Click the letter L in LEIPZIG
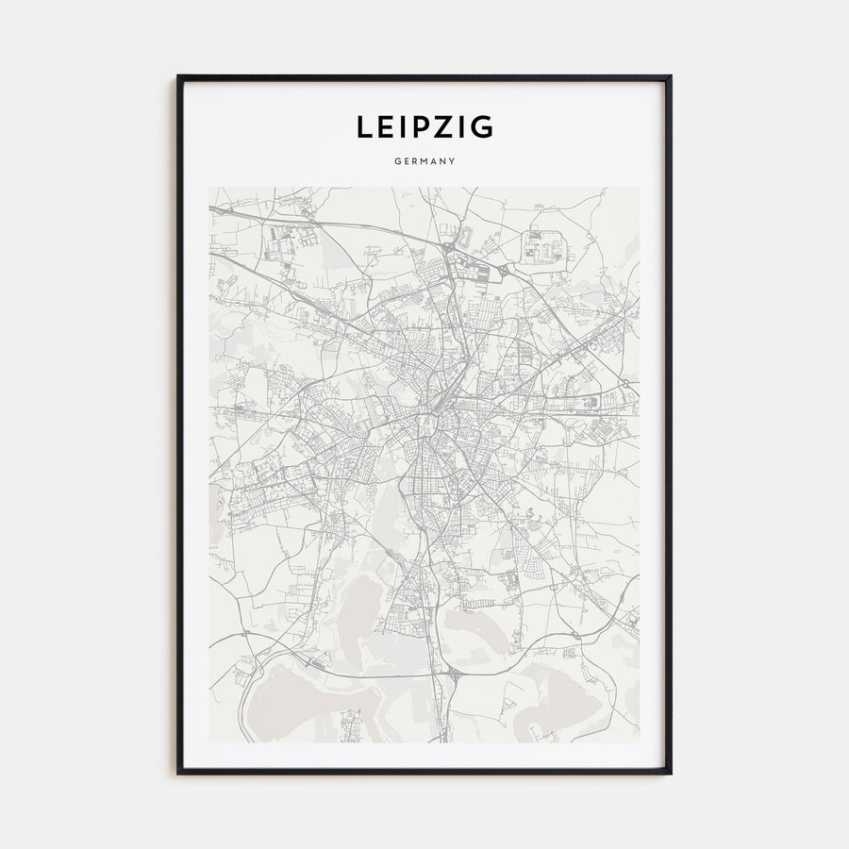(x=364, y=126)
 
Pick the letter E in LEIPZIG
(x=387, y=126)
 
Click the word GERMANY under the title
(x=424, y=161)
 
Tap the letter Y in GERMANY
(x=453, y=161)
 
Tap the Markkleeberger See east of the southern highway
(x=478, y=623)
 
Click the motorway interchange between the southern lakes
(x=451, y=673)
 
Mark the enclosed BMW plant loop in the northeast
(x=544, y=247)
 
